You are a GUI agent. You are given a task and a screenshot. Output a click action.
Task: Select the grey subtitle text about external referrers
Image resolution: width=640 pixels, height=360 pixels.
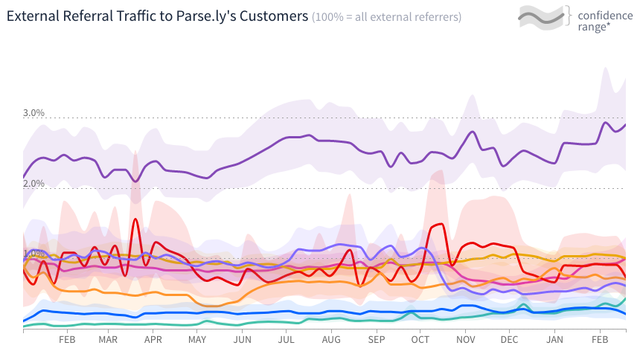(386, 16)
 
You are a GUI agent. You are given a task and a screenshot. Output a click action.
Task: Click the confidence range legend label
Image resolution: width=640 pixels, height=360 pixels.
(604, 20)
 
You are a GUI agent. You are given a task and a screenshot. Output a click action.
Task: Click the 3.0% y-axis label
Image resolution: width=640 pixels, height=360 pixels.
(33, 113)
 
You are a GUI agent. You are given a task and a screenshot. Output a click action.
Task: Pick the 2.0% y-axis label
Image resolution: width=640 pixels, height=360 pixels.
(33, 183)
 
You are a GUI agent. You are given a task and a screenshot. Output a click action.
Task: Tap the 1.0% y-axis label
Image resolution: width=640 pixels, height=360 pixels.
(33, 253)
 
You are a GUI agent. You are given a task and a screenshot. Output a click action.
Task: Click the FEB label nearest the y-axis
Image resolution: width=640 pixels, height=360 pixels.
(66, 340)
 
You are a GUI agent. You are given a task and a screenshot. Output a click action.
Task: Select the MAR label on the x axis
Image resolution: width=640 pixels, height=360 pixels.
(108, 340)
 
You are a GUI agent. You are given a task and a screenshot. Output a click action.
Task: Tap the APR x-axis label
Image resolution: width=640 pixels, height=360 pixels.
(153, 340)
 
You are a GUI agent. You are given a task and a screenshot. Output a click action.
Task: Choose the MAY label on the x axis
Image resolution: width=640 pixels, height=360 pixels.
(197, 340)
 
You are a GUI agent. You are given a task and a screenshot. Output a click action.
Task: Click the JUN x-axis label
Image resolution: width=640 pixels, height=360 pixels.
(242, 340)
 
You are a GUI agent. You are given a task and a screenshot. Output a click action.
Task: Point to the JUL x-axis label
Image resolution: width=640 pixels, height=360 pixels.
(287, 340)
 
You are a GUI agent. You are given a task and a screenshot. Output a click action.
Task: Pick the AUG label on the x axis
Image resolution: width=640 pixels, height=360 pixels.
(331, 340)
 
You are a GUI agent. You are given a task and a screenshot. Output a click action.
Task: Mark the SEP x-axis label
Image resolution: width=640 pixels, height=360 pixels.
(376, 340)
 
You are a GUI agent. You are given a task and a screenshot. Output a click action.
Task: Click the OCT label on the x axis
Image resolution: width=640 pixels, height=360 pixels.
(420, 340)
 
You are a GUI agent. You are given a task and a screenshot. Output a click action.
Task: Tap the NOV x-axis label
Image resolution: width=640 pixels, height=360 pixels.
(465, 340)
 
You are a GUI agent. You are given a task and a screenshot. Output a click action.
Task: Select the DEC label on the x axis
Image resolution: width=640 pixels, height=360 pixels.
(509, 340)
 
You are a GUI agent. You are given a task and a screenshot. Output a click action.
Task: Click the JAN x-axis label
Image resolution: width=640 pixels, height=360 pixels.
(554, 340)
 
